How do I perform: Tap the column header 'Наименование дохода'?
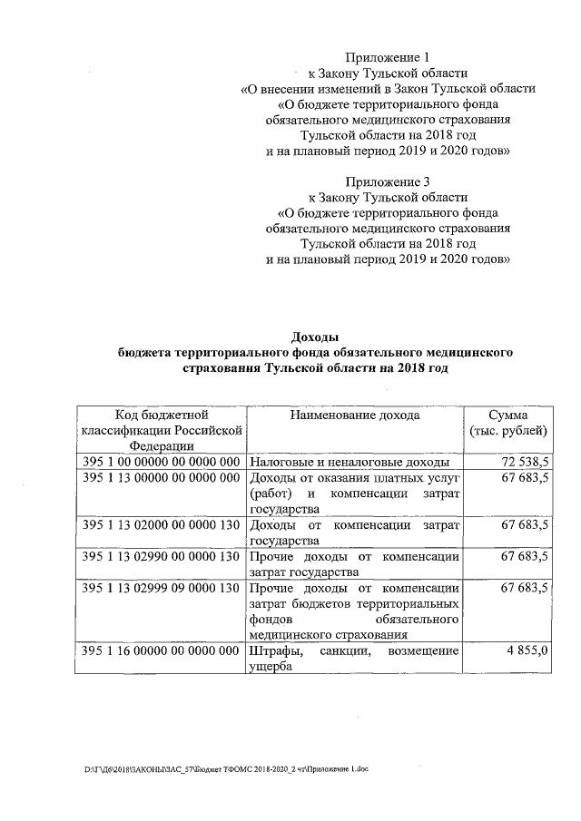click(355, 415)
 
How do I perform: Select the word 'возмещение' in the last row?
click(424, 651)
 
